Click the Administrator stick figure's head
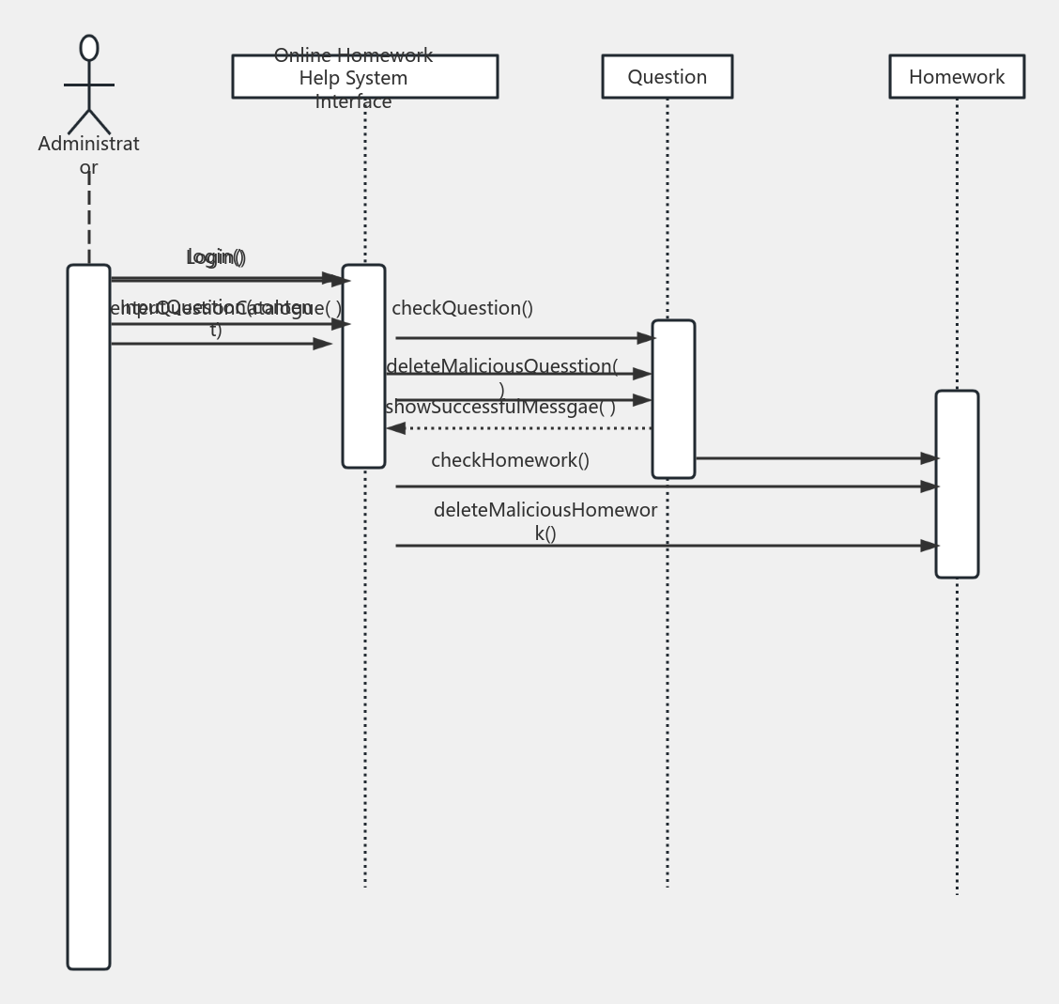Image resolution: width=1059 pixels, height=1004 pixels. click(x=89, y=48)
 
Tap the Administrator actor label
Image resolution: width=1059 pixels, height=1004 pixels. click(x=88, y=155)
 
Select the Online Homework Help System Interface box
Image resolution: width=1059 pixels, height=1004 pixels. click(x=364, y=77)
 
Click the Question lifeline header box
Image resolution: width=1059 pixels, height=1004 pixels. click(x=667, y=77)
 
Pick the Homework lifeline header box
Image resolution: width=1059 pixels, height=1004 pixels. click(x=956, y=77)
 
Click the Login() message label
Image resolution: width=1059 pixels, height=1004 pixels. click(x=216, y=256)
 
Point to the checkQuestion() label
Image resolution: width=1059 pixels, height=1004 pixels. click(x=462, y=308)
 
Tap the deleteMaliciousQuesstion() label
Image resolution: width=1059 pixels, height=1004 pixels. click(x=501, y=367)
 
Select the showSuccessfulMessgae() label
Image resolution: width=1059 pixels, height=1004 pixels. click(x=499, y=407)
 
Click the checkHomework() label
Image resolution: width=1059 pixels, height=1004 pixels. click(x=510, y=460)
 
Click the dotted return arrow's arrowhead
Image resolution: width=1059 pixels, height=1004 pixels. click(x=396, y=428)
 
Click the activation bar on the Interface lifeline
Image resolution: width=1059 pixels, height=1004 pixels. click(x=363, y=366)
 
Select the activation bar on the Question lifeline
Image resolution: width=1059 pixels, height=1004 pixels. click(x=673, y=399)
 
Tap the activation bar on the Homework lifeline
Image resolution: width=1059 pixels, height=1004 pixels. click(x=957, y=484)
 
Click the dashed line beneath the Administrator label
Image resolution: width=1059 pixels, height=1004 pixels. click(x=89, y=221)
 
